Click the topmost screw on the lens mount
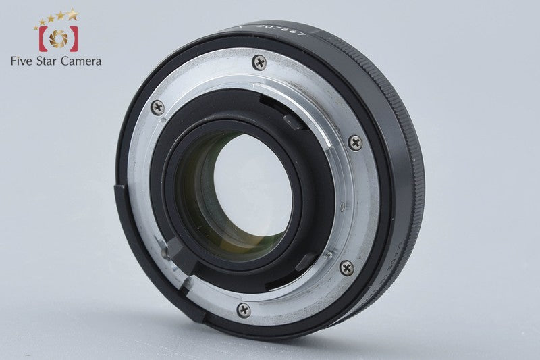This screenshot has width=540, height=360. (x=259, y=63)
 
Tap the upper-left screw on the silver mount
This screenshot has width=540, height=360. (x=158, y=107)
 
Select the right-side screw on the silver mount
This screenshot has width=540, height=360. (x=355, y=143)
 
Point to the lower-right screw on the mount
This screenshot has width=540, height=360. (x=346, y=267)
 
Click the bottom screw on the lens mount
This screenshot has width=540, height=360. (x=244, y=310)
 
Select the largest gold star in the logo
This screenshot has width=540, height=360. (x=72, y=14)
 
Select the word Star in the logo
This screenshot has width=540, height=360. (x=51, y=61)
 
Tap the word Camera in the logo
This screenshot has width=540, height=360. (x=83, y=61)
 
